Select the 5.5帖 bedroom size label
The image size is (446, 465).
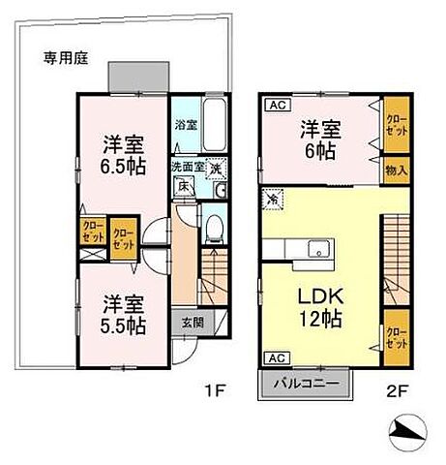117,325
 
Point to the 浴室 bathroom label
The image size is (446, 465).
185,125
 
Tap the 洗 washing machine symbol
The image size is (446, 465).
217,168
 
